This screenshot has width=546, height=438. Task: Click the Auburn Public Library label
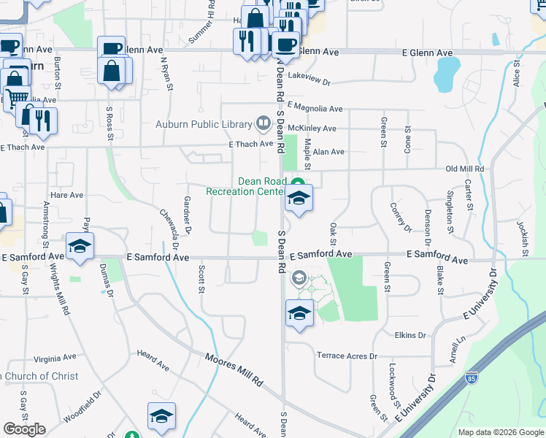204,124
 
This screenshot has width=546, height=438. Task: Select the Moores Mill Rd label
234,369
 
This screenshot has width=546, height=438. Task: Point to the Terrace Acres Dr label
347,356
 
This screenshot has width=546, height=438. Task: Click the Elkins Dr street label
410,335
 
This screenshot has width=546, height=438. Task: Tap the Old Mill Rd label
465,169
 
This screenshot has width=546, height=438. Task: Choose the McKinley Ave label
312,128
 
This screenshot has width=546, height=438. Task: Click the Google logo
24,429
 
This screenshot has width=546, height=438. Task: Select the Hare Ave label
67,196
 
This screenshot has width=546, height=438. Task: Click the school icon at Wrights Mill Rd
80,246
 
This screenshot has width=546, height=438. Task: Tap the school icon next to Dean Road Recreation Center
299,199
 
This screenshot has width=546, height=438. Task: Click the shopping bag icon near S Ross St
113,72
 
